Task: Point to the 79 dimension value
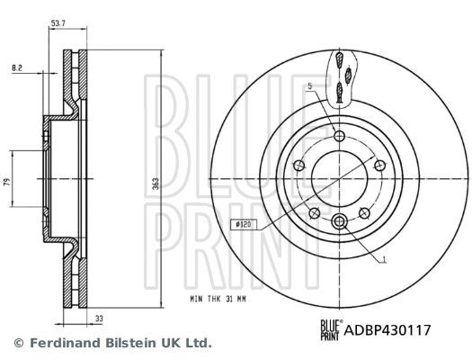[8, 183]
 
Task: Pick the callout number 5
[308, 86]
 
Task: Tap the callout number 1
[383, 260]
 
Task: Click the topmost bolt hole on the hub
[339, 136]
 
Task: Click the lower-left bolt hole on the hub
[313, 213]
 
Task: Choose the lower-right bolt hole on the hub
[365, 213]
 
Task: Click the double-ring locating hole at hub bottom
[339, 222]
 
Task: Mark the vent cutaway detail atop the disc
[339, 76]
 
